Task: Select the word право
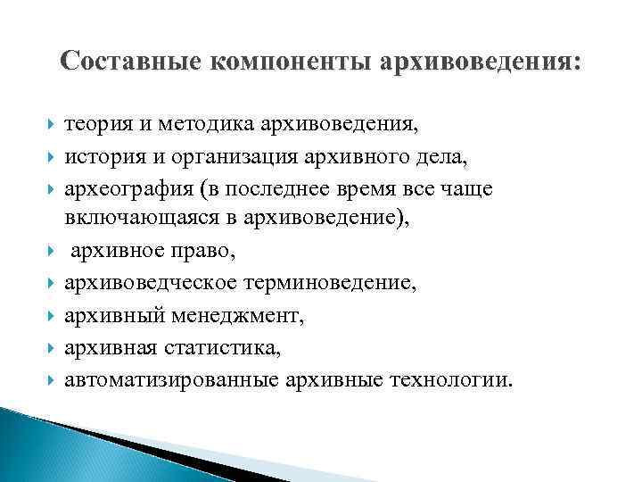point(204,254)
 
